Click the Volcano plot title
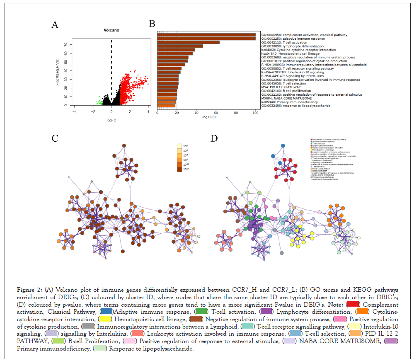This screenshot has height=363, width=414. [x=111, y=30]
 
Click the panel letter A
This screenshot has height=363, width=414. [x=54, y=25]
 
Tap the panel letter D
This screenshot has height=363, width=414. [x=214, y=138]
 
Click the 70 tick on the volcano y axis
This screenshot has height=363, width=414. [x=65, y=44]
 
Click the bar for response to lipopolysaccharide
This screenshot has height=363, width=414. [x=166, y=106]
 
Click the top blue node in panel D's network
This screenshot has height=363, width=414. [x=283, y=145]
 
